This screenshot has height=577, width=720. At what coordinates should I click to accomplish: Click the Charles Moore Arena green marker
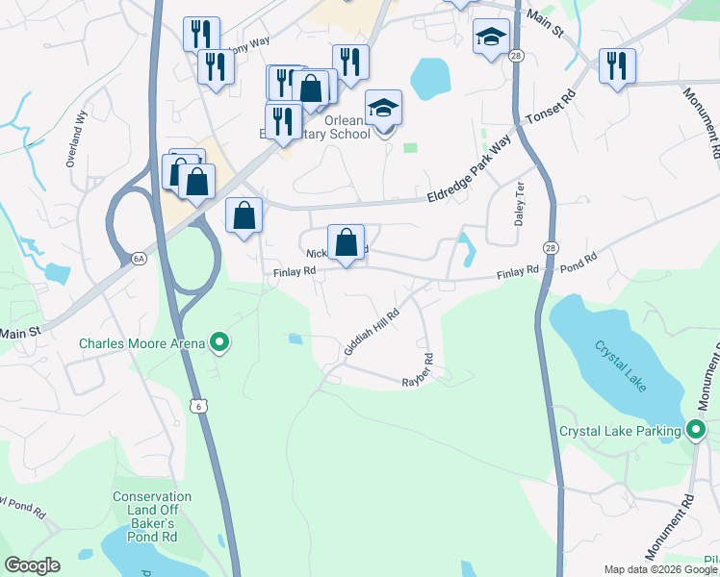tap(219, 341)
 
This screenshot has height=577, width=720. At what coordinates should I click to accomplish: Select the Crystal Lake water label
tap(621, 365)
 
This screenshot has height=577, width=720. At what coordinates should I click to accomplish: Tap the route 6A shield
tap(139, 259)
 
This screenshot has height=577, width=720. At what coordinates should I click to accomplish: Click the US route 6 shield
tap(197, 407)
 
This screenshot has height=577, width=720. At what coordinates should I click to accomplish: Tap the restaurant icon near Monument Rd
tap(617, 66)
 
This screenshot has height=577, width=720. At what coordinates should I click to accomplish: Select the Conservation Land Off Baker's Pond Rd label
tap(151, 510)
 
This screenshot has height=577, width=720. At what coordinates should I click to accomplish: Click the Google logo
tap(32, 565)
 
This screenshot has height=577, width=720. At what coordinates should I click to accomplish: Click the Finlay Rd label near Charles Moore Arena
tap(295, 272)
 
